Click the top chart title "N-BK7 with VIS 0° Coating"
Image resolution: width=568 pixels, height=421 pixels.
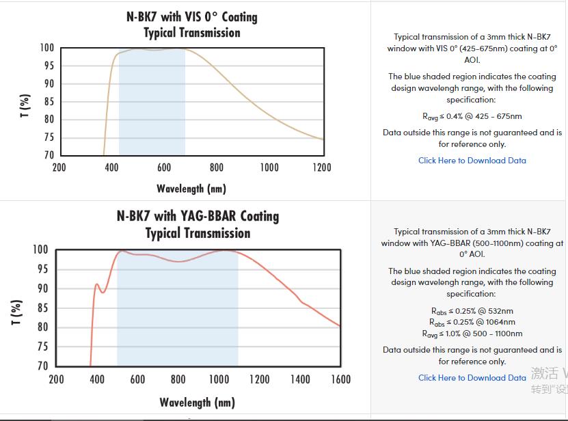191,16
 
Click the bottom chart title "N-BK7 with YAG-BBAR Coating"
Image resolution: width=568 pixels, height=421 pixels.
198,216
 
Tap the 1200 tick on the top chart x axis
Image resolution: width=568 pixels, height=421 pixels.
321,167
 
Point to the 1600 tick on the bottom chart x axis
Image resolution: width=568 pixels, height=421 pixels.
340,379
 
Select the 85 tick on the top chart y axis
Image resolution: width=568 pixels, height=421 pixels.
48,102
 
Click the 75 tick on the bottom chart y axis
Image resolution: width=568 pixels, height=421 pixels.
42,347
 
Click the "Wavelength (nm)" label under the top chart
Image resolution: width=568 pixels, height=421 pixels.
191,188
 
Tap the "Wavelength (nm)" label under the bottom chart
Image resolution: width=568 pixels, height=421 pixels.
198,402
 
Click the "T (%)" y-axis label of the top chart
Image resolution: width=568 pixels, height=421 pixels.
25,101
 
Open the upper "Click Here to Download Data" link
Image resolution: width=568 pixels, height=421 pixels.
472,161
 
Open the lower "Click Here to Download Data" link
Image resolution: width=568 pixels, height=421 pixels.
472,377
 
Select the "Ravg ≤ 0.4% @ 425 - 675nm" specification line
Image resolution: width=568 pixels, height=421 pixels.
472,116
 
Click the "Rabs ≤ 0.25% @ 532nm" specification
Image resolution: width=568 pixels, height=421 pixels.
472,311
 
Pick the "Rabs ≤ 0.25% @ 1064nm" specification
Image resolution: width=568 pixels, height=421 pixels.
472,322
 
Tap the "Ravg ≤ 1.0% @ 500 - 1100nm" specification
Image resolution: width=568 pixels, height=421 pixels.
472,334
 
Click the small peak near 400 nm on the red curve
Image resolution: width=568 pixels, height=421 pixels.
97,284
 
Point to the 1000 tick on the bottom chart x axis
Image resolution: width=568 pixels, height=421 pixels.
219,379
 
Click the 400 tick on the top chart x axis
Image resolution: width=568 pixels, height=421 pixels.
111,167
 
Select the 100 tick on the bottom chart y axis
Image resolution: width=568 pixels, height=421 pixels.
41,249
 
